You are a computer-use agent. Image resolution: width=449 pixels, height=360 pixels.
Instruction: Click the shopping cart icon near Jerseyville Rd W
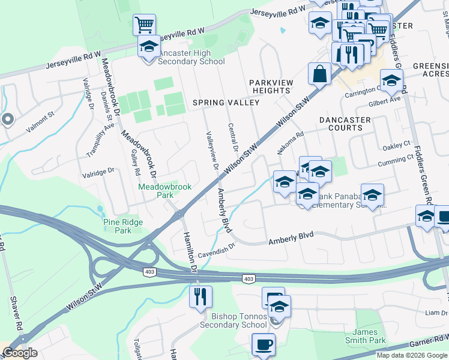click(144, 25)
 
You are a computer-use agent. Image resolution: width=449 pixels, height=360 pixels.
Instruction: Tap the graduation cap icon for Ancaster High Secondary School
click(149, 46)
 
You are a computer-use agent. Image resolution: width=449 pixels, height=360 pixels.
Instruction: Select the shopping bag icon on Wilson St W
click(320, 74)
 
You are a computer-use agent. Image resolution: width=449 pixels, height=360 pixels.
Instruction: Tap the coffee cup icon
click(263, 344)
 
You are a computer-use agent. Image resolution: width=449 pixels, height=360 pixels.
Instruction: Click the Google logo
click(20, 353)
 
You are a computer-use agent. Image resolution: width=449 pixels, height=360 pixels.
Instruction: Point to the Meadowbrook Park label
click(165, 191)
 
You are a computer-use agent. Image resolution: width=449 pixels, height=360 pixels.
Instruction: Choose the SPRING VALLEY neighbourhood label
click(226, 103)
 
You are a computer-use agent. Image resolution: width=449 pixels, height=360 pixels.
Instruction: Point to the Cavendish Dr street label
click(212, 250)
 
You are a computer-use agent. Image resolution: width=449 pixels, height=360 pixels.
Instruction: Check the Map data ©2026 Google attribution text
click(412, 355)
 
